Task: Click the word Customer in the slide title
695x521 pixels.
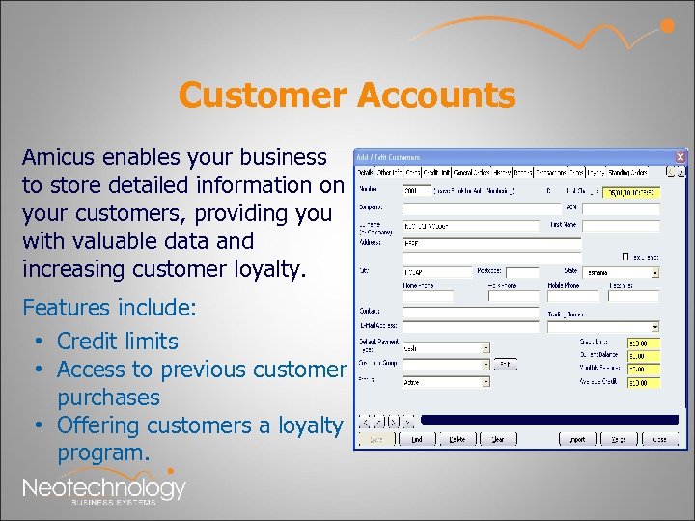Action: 263,96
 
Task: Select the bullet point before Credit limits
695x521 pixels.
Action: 36,342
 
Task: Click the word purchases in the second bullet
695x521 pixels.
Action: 108,398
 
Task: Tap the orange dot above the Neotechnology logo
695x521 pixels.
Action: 171,471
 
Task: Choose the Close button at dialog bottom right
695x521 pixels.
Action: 659,439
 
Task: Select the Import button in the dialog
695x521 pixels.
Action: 577,439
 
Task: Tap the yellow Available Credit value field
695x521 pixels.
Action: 644,383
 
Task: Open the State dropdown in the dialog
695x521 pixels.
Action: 654,273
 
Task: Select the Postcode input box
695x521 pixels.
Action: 521,273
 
